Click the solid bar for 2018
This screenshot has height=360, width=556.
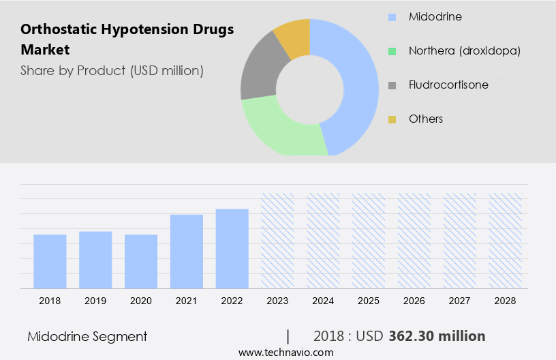click(50, 262)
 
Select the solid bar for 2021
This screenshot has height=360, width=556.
click(187, 252)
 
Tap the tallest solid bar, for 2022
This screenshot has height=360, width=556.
click(232, 249)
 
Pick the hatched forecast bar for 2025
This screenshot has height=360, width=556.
click(369, 241)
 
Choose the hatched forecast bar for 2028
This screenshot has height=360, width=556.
click(506, 241)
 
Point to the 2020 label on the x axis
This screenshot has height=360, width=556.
click(141, 301)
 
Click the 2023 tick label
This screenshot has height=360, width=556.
click(278, 301)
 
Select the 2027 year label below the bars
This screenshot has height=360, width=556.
click(460, 301)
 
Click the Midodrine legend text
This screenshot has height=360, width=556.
click(435, 16)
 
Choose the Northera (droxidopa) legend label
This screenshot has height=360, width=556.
click(465, 50)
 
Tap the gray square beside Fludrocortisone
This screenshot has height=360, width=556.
click(392, 85)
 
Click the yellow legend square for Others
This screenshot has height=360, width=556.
click(392, 119)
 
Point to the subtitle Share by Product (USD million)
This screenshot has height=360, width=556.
click(112, 70)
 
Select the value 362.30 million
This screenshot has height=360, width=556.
click(437, 336)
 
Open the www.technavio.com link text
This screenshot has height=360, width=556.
click(285, 352)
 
